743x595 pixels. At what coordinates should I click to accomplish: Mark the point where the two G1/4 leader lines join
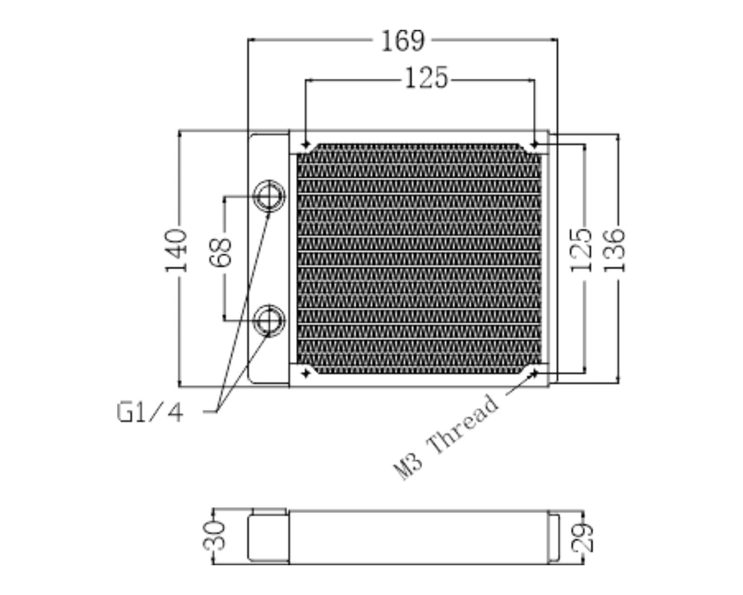point(217,411)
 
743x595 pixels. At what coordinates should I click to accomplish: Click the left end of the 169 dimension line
point(248,40)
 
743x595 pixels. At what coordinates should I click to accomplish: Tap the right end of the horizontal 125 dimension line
point(534,80)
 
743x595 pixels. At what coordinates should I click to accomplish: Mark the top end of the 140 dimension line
point(179,131)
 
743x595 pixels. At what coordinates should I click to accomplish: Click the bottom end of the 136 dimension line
point(618,383)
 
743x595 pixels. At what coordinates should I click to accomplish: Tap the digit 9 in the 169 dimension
point(417,41)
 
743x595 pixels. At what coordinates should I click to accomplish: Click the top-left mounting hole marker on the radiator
point(305,144)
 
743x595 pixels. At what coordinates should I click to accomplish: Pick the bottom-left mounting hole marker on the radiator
point(305,373)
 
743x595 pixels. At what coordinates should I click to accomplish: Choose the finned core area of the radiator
point(419,259)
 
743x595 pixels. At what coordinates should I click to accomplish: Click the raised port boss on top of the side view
point(269,512)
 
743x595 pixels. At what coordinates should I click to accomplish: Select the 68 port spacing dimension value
point(221,251)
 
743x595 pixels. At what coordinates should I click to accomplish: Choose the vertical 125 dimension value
point(581,250)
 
